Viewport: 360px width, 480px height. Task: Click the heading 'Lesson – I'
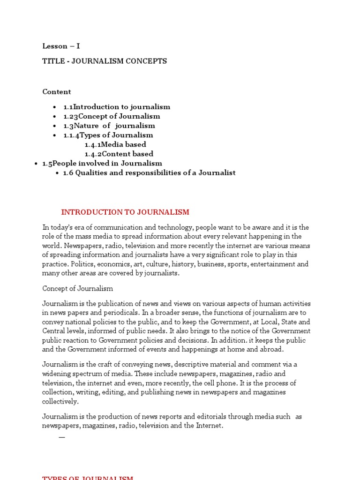pyautogui.click(x=61, y=46)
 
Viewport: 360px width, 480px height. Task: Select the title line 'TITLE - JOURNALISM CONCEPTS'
pyautogui.click(x=105, y=61)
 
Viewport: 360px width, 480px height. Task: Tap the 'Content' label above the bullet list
pyautogui.click(x=57, y=91)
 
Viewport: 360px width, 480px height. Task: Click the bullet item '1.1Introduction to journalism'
pyautogui.click(x=117, y=107)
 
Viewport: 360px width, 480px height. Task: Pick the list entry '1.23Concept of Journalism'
pyautogui.click(x=112, y=116)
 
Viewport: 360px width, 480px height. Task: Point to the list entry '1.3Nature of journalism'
pyautogui.click(x=109, y=126)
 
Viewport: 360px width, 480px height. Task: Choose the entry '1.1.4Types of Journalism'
pyautogui.click(x=108, y=135)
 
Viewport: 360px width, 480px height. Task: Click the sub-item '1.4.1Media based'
pyautogui.click(x=115, y=144)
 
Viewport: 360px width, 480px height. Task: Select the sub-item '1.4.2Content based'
pyautogui.click(x=119, y=154)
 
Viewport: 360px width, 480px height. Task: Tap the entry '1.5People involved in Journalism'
pyautogui.click(x=102, y=163)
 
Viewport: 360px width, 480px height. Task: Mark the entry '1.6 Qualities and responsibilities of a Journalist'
pyautogui.click(x=149, y=172)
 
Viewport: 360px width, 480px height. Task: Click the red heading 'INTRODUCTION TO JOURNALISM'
pyautogui.click(x=125, y=212)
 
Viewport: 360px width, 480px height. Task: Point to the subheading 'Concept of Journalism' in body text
pyautogui.click(x=77, y=288)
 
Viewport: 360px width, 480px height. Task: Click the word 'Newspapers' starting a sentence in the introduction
pyautogui.click(x=82, y=246)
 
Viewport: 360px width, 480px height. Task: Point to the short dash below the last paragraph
pyautogui.click(x=62, y=437)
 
